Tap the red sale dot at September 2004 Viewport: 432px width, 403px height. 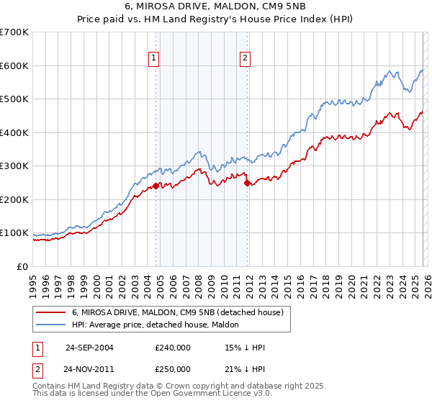[156, 186]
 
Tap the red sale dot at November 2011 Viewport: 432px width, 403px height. [247, 183]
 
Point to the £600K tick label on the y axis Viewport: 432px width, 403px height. [14, 65]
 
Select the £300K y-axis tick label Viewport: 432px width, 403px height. [14, 166]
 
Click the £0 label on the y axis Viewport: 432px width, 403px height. [23, 267]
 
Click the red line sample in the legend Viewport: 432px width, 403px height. [51, 312]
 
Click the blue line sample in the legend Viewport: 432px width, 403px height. [51, 325]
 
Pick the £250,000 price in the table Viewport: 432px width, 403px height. [172, 368]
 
